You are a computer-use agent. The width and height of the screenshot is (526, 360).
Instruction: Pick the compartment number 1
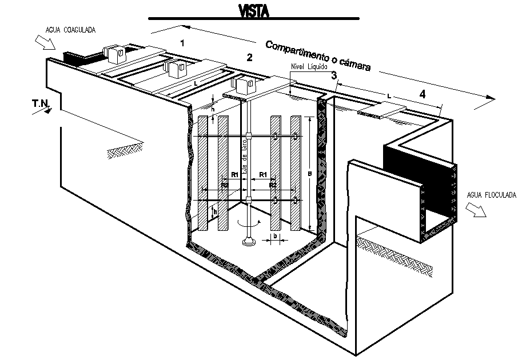(182, 43)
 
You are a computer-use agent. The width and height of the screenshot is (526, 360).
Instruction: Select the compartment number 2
(249, 57)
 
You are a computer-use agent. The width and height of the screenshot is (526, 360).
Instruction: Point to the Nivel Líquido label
(309, 67)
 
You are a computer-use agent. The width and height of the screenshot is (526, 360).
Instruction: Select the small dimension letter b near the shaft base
(275, 235)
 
